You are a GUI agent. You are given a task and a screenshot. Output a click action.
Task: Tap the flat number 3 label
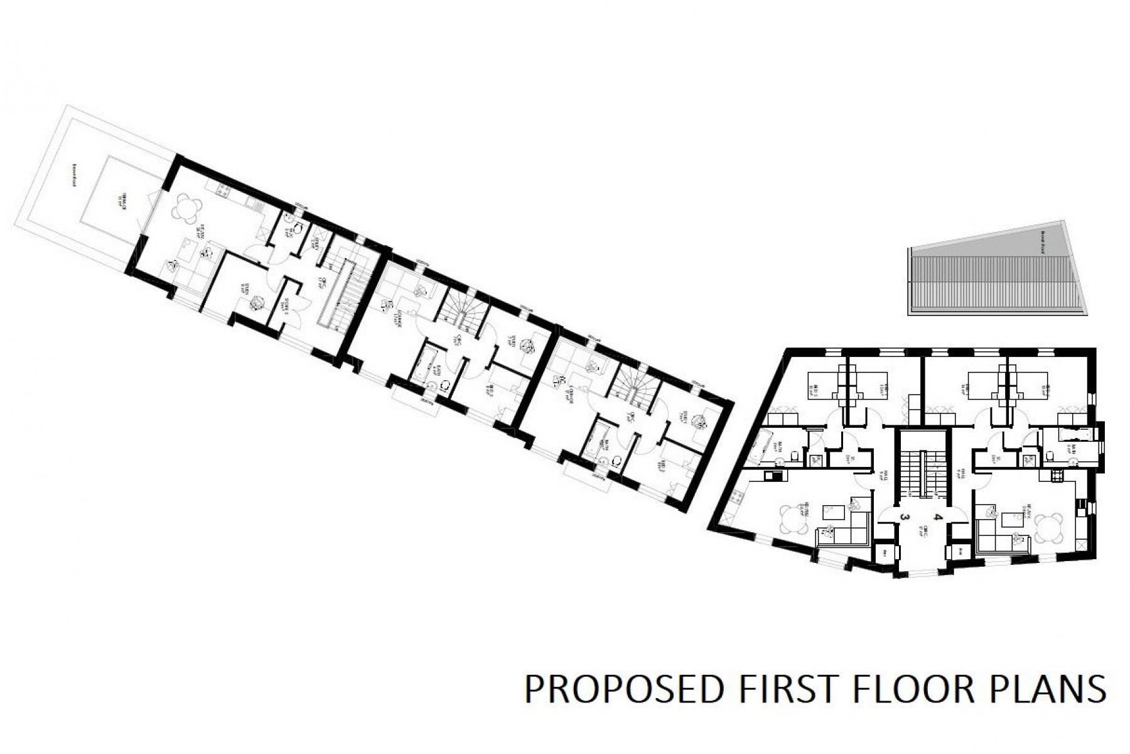pos(905,517)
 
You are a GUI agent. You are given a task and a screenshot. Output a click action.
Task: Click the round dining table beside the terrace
pos(187,209)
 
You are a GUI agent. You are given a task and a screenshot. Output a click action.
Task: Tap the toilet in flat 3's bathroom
pos(795,455)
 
